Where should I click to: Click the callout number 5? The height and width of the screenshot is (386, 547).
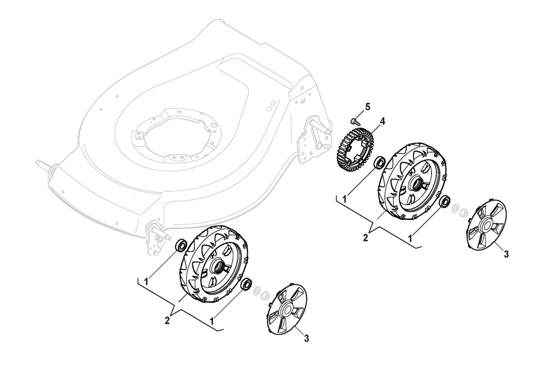pyautogui.click(x=368, y=106)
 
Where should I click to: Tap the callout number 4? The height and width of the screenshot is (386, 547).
pyautogui.click(x=383, y=121)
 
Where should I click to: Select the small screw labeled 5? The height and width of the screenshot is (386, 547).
pyautogui.click(x=353, y=120)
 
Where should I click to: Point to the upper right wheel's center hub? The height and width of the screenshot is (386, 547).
pyautogui.click(x=417, y=184)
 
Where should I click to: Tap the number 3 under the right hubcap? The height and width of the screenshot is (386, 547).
pyautogui.click(x=506, y=254)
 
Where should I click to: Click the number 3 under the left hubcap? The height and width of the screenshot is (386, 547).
pyautogui.click(x=306, y=337)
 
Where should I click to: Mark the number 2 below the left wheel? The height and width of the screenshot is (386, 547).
pyautogui.click(x=167, y=321)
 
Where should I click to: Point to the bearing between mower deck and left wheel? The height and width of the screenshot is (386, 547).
pyautogui.click(x=181, y=244)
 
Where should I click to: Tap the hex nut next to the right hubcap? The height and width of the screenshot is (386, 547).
pyautogui.click(x=465, y=212)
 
